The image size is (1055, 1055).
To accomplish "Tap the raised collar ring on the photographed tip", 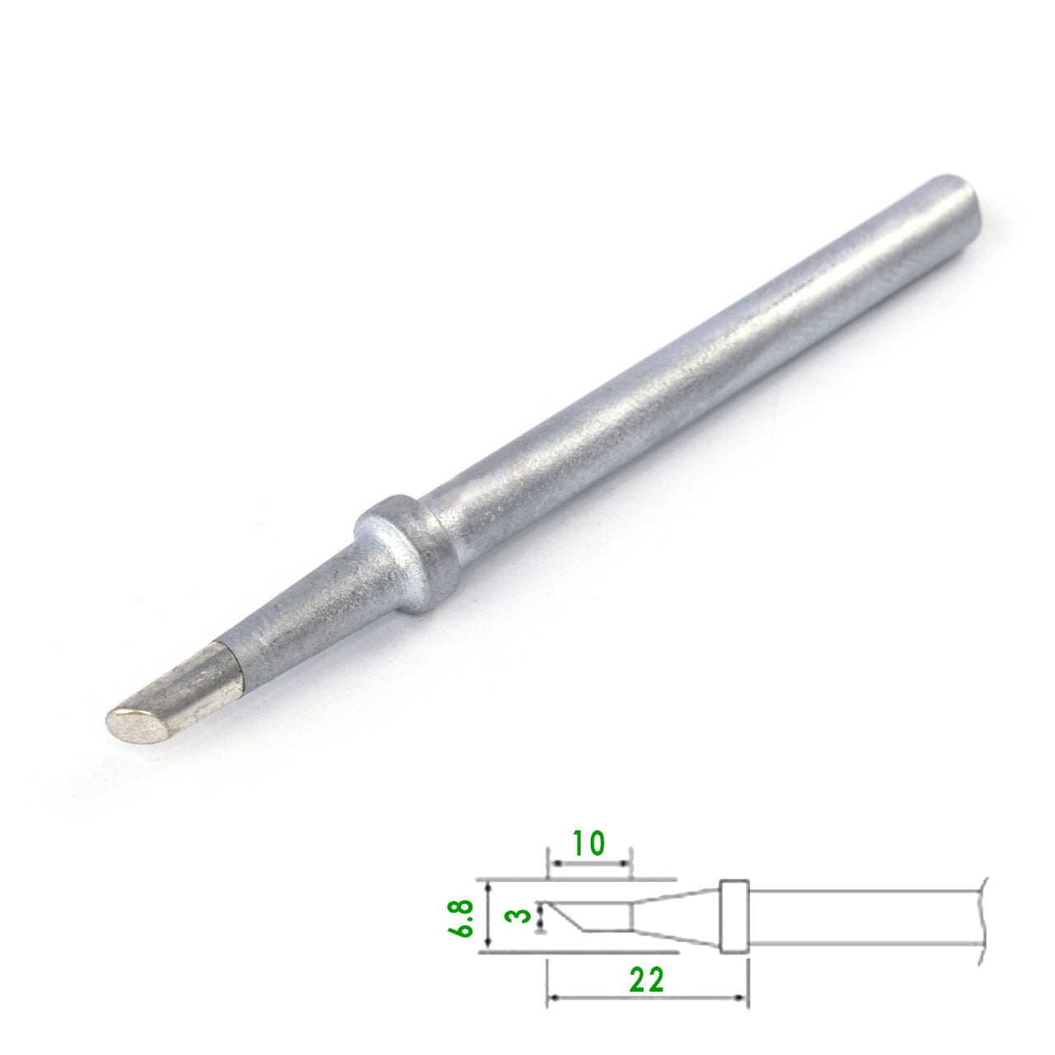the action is tap(407, 554).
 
